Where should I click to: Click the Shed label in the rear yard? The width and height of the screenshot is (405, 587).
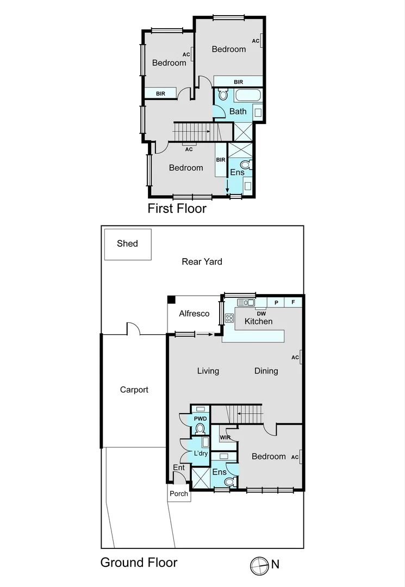(x=127, y=243)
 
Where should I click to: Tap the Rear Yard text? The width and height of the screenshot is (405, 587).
(x=202, y=261)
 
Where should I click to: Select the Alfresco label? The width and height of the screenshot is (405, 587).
(x=194, y=314)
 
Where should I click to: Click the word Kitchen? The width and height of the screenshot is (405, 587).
(x=258, y=321)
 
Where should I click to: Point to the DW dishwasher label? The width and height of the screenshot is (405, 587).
(x=260, y=314)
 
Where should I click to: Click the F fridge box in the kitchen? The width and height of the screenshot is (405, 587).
(x=293, y=302)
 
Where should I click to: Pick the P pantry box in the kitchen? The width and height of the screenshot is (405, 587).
(x=276, y=302)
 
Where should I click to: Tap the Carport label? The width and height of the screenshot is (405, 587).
(x=134, y=390)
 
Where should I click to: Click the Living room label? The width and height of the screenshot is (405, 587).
(x=208, y=371)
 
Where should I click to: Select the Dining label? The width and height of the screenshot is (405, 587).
(x=266, y=371)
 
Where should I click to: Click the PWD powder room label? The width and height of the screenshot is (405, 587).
(x=200, y=419)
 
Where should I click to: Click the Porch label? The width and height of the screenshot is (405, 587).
(x=179, y=494)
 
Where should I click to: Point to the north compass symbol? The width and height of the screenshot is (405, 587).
(x=259, y=565)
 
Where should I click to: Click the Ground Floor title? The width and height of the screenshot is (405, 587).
(x=139, y=563)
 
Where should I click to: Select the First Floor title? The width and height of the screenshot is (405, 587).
(x=177, y=208)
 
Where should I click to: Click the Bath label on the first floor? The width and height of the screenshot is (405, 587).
(x=238, y=111)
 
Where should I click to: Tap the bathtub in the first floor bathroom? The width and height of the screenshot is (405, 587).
(x=248, y=96)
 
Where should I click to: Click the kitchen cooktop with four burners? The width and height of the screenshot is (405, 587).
(x=229, y=319)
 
